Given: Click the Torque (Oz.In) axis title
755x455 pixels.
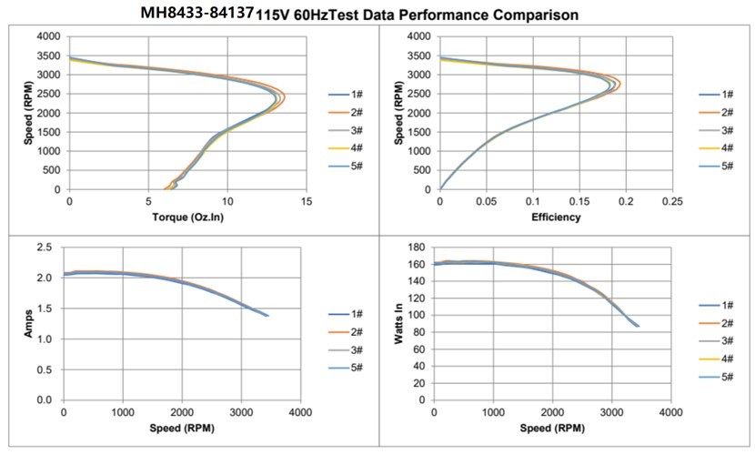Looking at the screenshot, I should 186,217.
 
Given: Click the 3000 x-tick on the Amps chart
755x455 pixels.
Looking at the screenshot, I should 241,413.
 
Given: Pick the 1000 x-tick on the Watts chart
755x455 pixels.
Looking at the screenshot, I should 494,413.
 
